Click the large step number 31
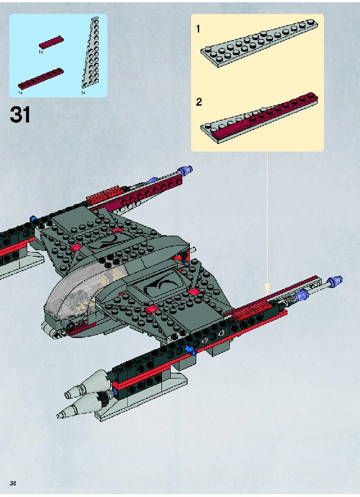pyautogui.click(x=20, y=114)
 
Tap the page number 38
pyautogui.click(x=12, y=483)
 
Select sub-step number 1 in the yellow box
pyautogui.click(x=199, y=28)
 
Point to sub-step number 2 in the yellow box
pyautogui.click(x=199, y=102)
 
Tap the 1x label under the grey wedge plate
pyautogui.click(x=83, y=92)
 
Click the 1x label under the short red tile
pyautogui.click(x=41, y=52)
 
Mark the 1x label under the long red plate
pyautogui.click(x=20, y=92)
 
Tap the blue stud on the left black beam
pyautogui.click(x=33, y=219)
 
